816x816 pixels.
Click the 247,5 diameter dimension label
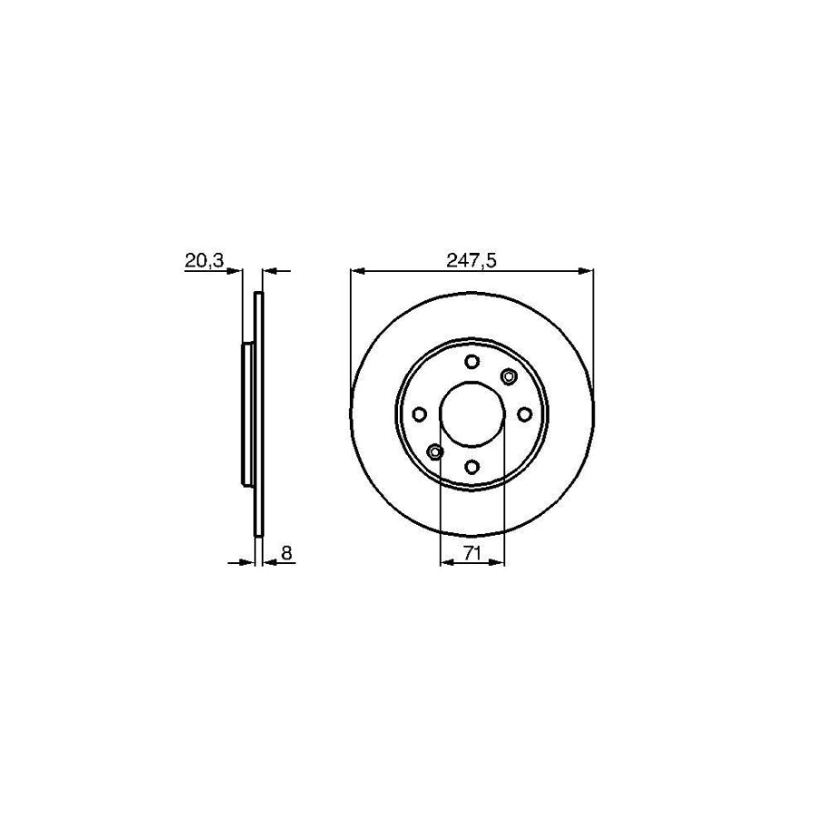pyautogui.click(x=471, y=260)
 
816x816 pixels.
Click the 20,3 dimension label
pyautogui.click(x=204, y=260)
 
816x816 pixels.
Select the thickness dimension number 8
pyautogui.click(x=286, y=552)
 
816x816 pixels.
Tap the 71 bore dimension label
pyautogui.click(x=471, y=552)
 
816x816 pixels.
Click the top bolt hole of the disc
pyautogui.click(x=471, y=362)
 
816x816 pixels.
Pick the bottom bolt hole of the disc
pyautogui.click(x=471, y=466)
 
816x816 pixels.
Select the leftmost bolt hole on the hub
pyautogui.click(x=419, y=414)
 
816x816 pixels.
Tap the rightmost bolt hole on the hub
pyautogui.click(x=524, y=414)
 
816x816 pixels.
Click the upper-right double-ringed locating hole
pyautogui.click(x=508, y=377)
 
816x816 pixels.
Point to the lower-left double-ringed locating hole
pyautogui.click(x=435, y=452)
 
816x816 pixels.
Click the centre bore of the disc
pyautogui.click(x=471, y=414)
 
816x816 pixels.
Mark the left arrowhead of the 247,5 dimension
pyautogui.click(x=356, y=270)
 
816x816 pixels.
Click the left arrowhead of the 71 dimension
pyautogui.click(x=445, y=563)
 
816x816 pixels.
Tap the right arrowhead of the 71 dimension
pyautogui.click(x=498, y=563)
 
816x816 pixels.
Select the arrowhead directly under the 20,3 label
pyautogui.click(x=236, y=270)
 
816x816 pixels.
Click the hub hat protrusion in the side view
pyautogui.click(x=248, y=414)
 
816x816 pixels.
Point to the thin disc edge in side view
pyautogui.click(x=258, y=414)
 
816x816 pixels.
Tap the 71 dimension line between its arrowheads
pyautogui.click(x=471, y=563)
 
